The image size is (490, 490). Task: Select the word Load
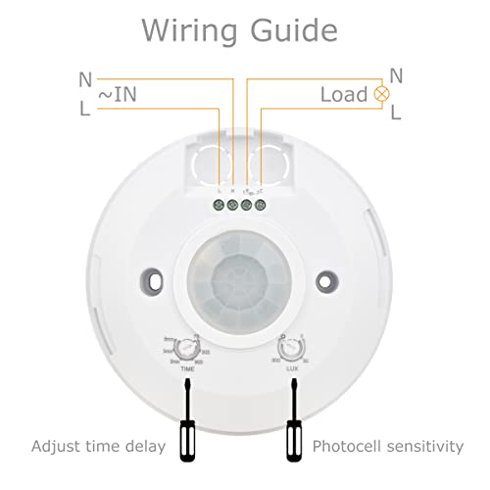343,95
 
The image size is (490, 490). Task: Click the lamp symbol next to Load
379,95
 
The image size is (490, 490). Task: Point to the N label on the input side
85,78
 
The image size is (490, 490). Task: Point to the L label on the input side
85,111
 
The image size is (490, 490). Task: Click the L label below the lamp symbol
395,114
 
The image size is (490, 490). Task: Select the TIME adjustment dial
182,347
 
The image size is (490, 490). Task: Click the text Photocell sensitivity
388,447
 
